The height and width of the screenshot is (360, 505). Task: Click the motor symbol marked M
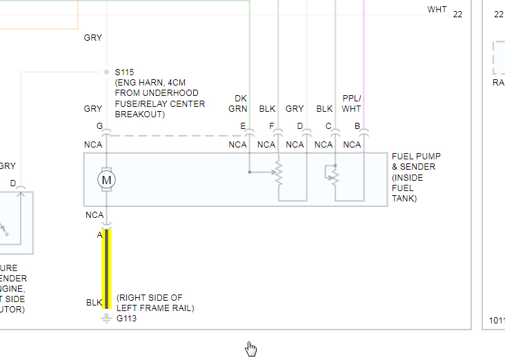[x=106, y=180]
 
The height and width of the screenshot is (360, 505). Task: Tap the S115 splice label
[x=125, y=72]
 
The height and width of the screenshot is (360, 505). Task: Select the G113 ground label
[x=127, y=319]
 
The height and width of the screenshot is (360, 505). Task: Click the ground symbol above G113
[x=106, y=317]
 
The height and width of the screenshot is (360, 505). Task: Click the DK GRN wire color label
[x=240, y=103]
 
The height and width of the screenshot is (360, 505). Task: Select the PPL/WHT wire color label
[x=352, y=103]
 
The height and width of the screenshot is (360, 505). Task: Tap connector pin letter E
[x=243, y=126]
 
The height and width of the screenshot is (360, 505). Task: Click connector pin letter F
[x=272, y=126]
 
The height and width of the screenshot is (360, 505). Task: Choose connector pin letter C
[x=328, y=126]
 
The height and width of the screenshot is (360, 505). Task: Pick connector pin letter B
[x=357, y=126]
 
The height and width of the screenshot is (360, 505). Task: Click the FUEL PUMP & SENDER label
[x=415, y=177]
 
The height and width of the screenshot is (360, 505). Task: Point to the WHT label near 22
[x=437, y=10]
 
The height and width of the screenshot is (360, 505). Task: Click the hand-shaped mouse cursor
[x=250, y=349]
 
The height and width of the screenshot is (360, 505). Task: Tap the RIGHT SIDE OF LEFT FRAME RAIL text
[x=155, y=303]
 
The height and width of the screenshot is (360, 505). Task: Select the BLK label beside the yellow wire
[x=94, y=302]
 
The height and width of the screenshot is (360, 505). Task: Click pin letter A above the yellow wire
[x=99, y=234]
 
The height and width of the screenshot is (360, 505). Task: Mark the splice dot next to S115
[x=106, y=72]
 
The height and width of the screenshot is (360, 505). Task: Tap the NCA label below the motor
[x=94, y=215]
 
